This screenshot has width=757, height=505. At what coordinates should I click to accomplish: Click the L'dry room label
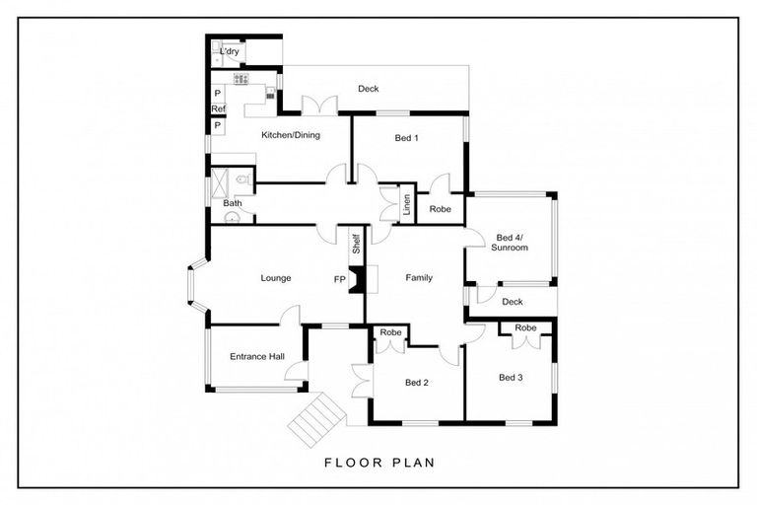coord(230,51)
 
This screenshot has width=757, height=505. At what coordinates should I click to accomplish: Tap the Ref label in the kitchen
coord(218,109)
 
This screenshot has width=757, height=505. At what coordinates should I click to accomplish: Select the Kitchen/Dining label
coord(291,135)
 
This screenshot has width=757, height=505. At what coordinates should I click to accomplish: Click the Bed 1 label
coord(406,138)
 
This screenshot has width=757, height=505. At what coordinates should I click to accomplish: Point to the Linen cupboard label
coord(407,204)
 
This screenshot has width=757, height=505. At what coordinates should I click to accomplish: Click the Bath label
coord(233,203)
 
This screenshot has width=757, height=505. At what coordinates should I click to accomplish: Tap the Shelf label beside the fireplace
coord(357,244)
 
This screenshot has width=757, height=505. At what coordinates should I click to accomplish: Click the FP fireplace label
coord(340,279)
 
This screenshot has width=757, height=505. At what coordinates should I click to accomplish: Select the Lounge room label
coord(276,278)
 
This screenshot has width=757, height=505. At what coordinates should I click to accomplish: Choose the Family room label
coord(419,278)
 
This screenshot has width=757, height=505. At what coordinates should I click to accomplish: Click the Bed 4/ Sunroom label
coord(510,243)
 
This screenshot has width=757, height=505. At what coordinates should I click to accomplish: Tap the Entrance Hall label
coord(257,357)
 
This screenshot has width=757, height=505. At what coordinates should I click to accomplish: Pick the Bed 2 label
coord(417,383)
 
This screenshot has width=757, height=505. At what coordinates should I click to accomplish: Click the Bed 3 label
coord(511,378)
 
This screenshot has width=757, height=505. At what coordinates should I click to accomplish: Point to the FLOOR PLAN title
coord(379,463)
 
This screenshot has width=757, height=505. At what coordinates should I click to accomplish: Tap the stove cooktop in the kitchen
coord(241,79)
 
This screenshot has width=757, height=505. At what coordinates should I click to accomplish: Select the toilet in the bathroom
coord(242,180)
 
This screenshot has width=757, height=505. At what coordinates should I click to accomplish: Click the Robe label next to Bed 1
coord(440,209)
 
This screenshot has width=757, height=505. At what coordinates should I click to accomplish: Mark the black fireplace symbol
coord(356,280)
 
